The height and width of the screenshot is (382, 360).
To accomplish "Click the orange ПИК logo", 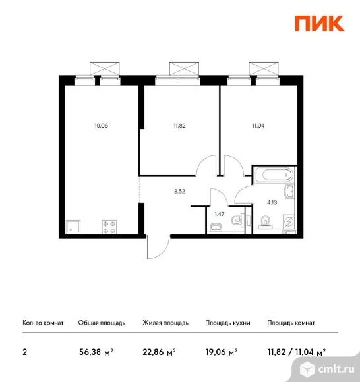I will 318,22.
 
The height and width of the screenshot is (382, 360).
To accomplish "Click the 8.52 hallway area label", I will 179,192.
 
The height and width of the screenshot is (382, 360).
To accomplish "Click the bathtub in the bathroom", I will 273,175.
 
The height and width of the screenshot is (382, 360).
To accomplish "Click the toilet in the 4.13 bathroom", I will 265,223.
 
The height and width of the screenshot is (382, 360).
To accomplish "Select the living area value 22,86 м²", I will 159,352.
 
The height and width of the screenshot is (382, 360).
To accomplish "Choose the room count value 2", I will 25,352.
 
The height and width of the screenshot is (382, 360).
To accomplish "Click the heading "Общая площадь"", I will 98,323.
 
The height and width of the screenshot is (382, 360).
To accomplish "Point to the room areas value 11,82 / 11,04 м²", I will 296,352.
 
